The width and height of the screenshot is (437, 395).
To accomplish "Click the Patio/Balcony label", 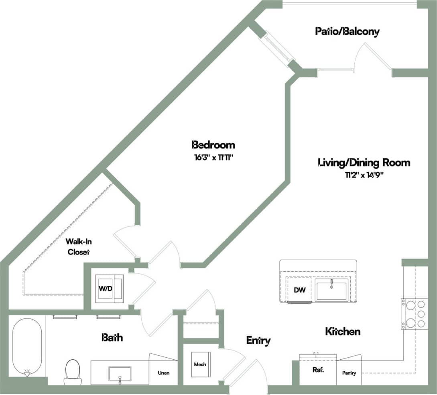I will point(347,31).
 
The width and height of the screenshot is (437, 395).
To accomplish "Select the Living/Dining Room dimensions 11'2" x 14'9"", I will point(364,175).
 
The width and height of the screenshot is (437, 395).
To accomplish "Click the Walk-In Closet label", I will point(78,247).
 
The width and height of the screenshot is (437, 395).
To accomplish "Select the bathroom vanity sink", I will point(120,374).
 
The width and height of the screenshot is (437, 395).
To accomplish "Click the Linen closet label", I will point(163,373).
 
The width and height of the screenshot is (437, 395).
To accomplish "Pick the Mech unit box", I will point(200,364).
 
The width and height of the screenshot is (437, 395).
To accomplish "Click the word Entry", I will point(258,341).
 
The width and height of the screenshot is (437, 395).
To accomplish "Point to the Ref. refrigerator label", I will point(318,370).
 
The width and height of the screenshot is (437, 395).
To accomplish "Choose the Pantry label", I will point(349,373).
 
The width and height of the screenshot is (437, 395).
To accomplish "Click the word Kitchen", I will point(342,332).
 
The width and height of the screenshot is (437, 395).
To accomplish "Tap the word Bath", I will point(112,337).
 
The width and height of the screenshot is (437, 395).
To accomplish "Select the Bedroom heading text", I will point(213,145).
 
